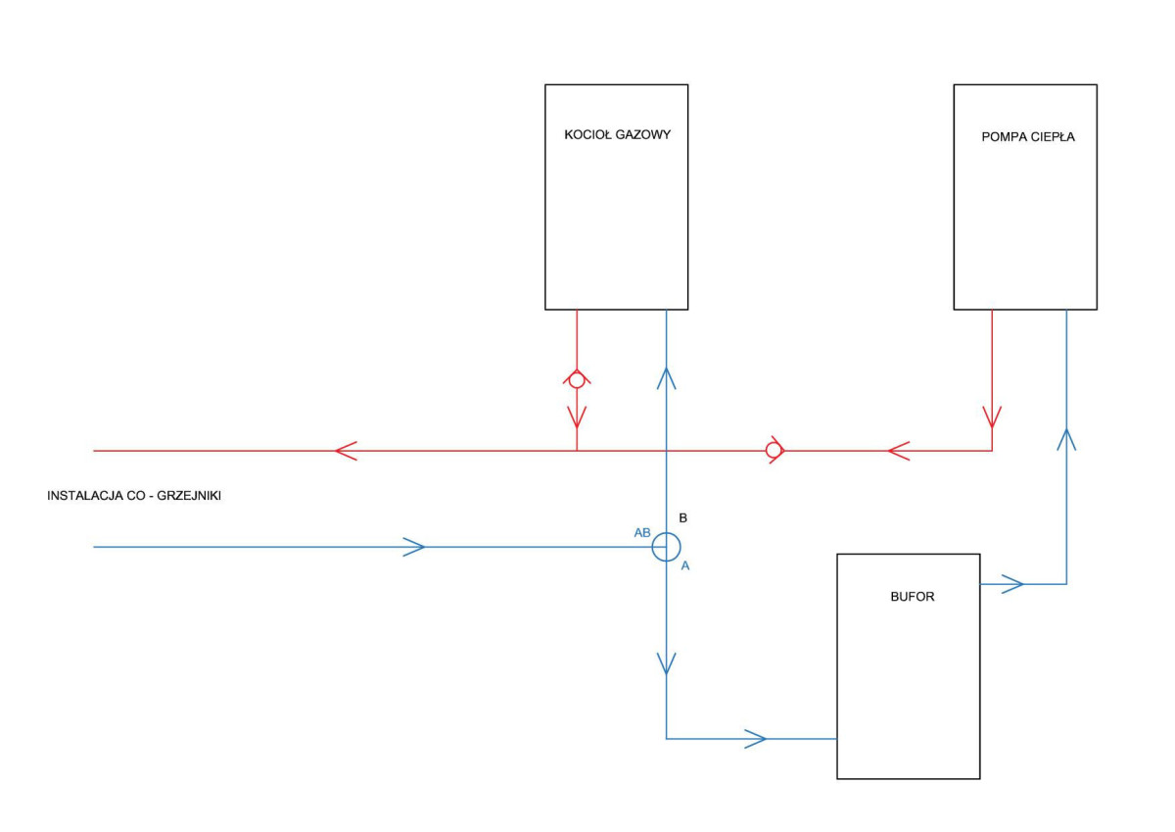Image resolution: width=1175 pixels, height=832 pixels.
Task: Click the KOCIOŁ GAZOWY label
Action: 618,135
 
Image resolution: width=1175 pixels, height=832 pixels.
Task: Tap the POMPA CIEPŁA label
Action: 1027,137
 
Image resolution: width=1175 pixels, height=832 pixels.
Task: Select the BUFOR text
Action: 913,597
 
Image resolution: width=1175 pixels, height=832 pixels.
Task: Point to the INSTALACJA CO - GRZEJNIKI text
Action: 134,496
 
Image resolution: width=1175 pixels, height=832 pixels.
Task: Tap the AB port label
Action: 642,533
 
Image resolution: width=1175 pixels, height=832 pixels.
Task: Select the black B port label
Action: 683,518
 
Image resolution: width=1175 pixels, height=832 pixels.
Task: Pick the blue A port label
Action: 685,565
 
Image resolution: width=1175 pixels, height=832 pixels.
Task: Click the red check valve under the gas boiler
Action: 577,379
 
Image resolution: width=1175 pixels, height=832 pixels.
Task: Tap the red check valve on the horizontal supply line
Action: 775,450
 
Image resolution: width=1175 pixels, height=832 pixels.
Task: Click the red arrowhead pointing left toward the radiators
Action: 347,451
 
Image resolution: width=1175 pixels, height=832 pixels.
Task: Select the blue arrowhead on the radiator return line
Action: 413,547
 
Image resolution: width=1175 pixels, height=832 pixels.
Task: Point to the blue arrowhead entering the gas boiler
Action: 666,379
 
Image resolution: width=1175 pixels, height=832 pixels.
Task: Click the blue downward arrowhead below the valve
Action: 666,663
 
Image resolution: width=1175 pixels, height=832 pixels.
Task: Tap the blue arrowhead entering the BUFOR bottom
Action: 755,739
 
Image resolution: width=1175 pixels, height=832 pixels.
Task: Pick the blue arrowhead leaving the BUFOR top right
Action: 1012,584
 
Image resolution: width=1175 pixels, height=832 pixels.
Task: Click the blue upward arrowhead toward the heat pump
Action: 1066,440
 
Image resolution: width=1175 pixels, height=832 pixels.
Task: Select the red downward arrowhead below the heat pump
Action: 992,416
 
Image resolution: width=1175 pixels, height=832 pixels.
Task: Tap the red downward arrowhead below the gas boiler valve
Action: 577,416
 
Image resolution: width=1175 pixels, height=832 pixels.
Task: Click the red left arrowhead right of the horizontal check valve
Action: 899,451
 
